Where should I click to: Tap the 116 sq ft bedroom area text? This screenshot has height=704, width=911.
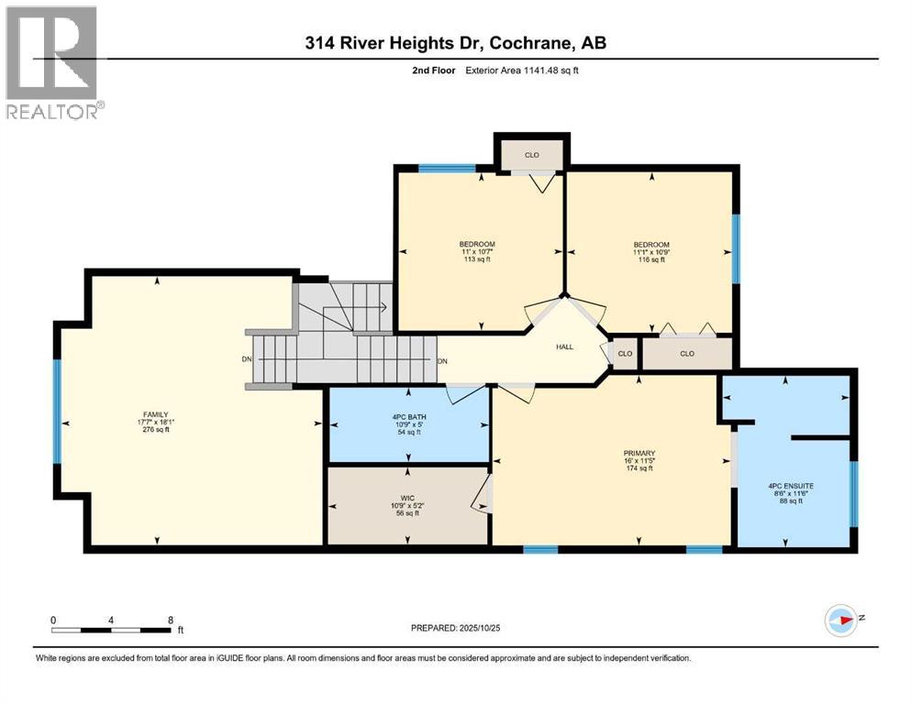pyautogui.click(x=650, y=259)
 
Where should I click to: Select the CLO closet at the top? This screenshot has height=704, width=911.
pyautogui.click(x=531, y=155)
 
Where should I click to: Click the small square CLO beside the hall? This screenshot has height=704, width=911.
pyautogui.click(x=625, y=353)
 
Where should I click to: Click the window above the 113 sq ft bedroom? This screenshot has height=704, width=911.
pyautogui.click(x=447, y=169)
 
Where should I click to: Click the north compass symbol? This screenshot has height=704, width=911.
pyautogui.click(x=841, y=621)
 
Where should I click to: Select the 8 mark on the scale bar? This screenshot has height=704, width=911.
pyautogui.click(x=171, y=620)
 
